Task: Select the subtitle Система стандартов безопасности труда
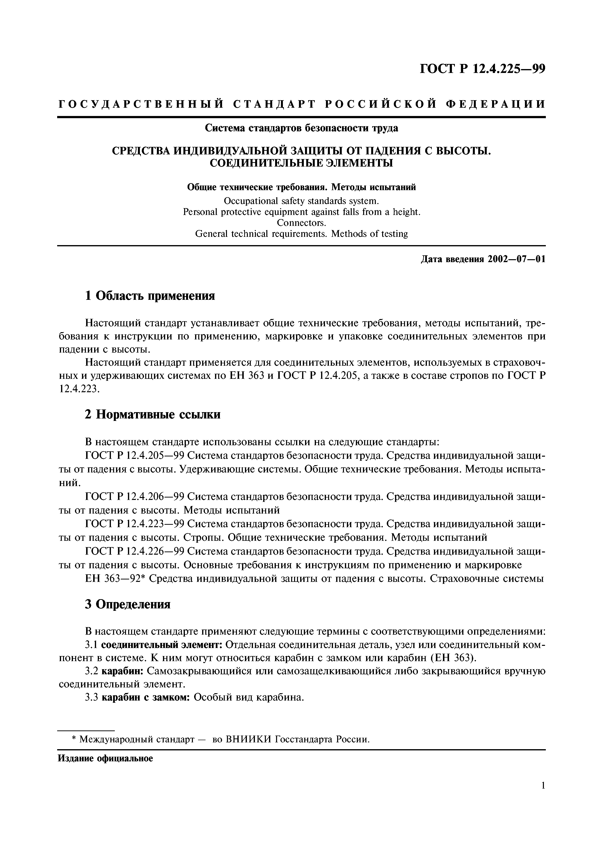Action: click(301, 128)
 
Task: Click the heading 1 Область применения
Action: click(150, 296)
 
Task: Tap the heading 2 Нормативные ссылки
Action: click(152, 414)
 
